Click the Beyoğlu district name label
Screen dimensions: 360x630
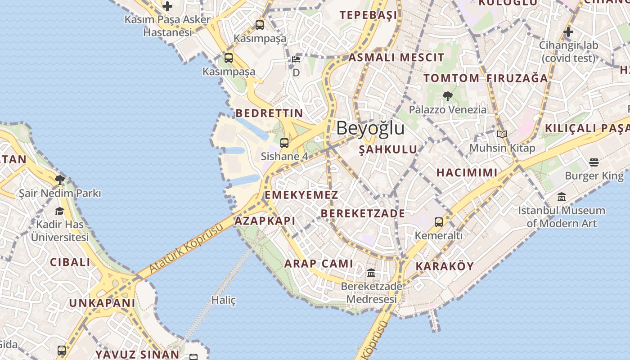(x=370, y=128)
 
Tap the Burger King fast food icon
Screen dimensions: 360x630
(x=594, y=162)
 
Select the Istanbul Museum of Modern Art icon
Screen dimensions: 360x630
(x=561, y=197)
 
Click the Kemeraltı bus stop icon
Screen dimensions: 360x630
(x=438, y=222)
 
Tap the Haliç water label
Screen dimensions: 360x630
(x=224, y=300)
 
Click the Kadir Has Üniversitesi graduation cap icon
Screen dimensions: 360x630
(x=59, y=211)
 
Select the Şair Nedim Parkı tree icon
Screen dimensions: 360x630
(x=59, y=180)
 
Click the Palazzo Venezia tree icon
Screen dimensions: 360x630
(x=447, y=96)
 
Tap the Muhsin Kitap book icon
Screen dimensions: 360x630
(x=502, y=134)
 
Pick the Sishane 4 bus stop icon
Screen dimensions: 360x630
(x=284, y=143)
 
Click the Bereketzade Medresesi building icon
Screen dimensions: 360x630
(x=371, y=273)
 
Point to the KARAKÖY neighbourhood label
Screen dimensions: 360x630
(x=445, y=266)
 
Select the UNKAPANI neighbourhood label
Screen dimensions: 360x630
(x=102, y=303)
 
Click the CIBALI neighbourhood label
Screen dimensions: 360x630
(x=70, y=262)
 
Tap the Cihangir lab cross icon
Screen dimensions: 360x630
(x=568, y=32)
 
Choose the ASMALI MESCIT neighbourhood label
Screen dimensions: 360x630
(x=396, y=58)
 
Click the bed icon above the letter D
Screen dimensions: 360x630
(x=296, y=59)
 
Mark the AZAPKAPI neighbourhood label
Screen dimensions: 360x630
(x=265, y=221)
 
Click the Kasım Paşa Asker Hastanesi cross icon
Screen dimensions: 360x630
(x=167, y=6)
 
